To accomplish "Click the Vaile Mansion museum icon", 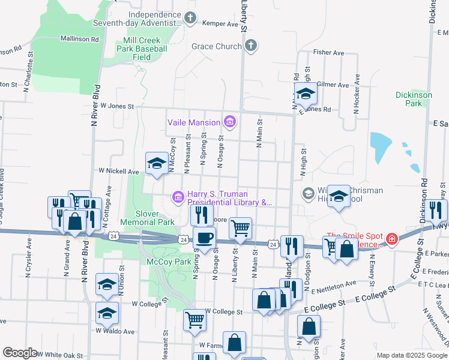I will pos(229,122).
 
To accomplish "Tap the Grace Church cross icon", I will pos(250,46).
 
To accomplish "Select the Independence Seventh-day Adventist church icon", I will pos(190,19).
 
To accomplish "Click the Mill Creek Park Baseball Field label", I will pos(145,49).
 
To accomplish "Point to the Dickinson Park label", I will pos(414,99).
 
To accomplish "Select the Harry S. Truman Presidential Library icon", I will pos(178,197).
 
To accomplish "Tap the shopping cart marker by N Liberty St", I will pos(240,227).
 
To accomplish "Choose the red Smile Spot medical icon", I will pos(391,239).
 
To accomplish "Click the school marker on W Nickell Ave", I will pos(157,163).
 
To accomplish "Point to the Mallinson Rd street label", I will pos(79,39).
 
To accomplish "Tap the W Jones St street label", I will pos(116,106).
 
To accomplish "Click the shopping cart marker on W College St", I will pos(194,320).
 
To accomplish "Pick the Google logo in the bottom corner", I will pos(20,353).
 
